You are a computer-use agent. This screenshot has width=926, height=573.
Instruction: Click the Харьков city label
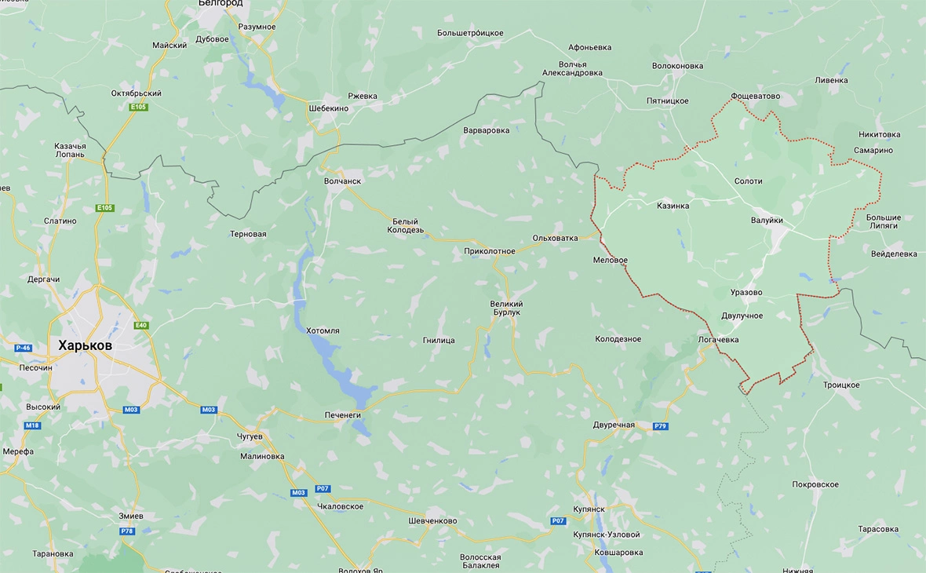pos(85,345)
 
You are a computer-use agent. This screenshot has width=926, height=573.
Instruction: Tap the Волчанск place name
pos(342,181)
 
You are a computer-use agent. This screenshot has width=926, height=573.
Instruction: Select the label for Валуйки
pos(767,221)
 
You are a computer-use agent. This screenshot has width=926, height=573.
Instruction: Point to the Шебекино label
pos(329,108)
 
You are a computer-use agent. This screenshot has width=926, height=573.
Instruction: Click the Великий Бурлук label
pos(506,308)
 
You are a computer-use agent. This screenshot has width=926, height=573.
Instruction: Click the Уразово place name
pos(746,293)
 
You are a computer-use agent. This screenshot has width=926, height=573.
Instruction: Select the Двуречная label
pos(614,425)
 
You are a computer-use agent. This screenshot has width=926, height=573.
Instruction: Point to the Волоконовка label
pos(677,66)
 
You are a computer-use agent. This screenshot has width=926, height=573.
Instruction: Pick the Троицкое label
pos(841,385)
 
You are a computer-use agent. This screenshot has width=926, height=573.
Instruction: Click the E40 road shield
pos(141,326)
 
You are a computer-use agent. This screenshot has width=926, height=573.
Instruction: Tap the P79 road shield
pos(660,426)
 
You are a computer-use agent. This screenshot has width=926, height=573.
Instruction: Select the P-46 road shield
pos(23,347)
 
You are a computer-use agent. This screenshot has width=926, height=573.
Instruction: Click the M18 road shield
pos(31,425)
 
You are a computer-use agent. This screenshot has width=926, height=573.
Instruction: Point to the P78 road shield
pos(127,531)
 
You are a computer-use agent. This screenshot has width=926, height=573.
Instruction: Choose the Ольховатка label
pos(555,238)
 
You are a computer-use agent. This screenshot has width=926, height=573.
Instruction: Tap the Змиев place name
pos(129,516)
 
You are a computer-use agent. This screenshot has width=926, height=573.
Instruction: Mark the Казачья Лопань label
pos(70,151)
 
